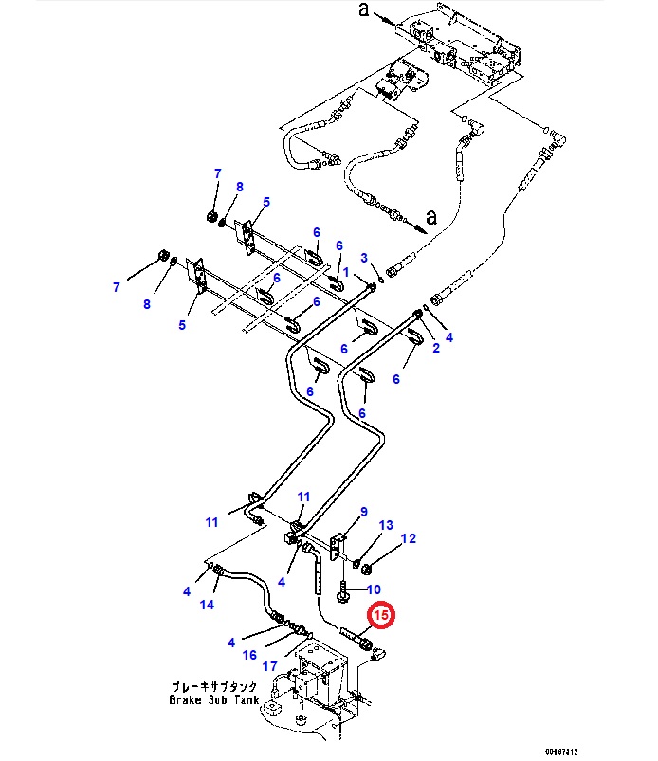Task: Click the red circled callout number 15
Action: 381,616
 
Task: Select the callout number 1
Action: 346,273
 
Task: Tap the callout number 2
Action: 363,257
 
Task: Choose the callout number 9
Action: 363,513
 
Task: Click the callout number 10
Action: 363,589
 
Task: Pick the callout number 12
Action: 409,539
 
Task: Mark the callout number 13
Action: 386,525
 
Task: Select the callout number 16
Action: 249,654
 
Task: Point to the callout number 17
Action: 271,666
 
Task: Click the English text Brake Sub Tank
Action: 213,700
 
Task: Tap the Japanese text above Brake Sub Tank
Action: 213,686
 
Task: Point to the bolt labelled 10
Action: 338,589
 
